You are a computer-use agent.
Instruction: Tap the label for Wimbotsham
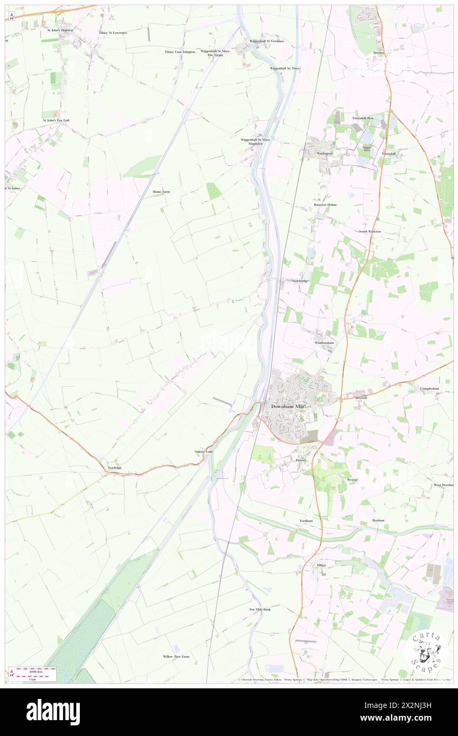pyautogui.click(x=324, y=343)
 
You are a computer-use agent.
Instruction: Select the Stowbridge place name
pyautogui.click(x=300, y=281)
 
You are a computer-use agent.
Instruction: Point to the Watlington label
pyautogui.click(x=325, y=154)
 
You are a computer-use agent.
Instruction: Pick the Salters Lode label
pyautogui.click(x=204, y=451)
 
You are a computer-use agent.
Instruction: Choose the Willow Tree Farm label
pyautogui.click(x=176, y=656)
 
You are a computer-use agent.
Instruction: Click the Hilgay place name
pyautogui.click(x=322, y=566)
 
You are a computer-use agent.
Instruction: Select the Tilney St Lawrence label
pyautogui.click(x=113, y=32)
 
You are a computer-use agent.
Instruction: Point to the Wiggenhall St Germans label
pyautogui.click(x=267, y=41)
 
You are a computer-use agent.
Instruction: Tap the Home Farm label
pyautogui.click(x=161, y=192)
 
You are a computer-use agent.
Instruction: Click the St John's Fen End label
pyautogui.click(x=56, y=120)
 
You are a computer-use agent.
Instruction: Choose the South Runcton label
pyautogui.click(x=370, y=231)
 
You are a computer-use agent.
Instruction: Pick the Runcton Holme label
pyautogui.click(x=325, y=204)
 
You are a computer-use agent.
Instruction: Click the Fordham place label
pyautogui.click(x=306, y=520)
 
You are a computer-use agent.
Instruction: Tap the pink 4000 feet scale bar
pyautogui.click(x=36, y=670)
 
